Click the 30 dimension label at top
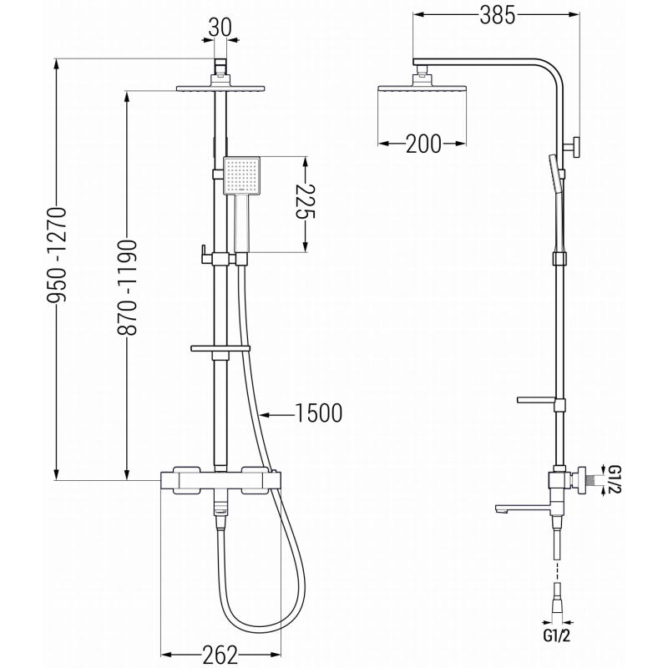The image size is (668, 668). tap(220, 27)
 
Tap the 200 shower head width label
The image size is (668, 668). tap(424, 144)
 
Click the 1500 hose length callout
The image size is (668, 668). tap(318, 412)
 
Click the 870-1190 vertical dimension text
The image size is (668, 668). tap(128, 288)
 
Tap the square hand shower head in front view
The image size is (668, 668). tap(242, 175)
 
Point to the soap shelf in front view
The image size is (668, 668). tap(220, 348)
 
